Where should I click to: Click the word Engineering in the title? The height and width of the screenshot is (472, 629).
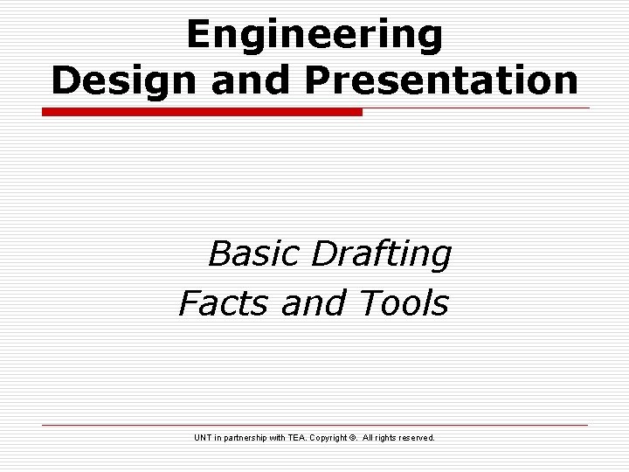coord(314,35)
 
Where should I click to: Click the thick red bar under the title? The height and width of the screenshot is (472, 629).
coord(203,112)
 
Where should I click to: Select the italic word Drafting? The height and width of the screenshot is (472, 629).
coord(381,254)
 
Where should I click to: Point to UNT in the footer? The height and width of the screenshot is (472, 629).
coord(204,437)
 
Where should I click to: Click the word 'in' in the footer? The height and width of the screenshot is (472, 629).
coord(220,437)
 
